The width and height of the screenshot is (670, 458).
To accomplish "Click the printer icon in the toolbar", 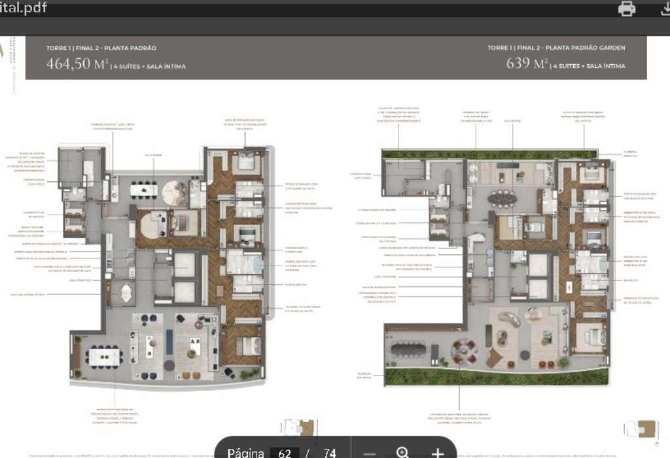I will [x=627, y=9].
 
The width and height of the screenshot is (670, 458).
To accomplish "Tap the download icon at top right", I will [x=664, y=9].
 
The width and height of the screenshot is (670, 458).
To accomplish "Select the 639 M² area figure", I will [x=527, y=64].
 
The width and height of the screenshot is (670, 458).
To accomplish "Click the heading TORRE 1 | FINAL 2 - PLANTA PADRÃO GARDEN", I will [x=556, y=48].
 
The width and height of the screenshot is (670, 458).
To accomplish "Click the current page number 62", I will [x=284, y=453].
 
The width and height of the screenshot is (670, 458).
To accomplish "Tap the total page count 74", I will [x=329, y=453].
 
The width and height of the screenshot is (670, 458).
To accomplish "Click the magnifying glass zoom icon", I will [x=402, y=452].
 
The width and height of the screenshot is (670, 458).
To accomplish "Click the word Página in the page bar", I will [x=246, y=453].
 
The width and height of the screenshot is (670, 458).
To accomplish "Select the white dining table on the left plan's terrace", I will [x=104, y=357].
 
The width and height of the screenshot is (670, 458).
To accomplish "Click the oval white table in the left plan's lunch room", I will [x=124, y=294].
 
